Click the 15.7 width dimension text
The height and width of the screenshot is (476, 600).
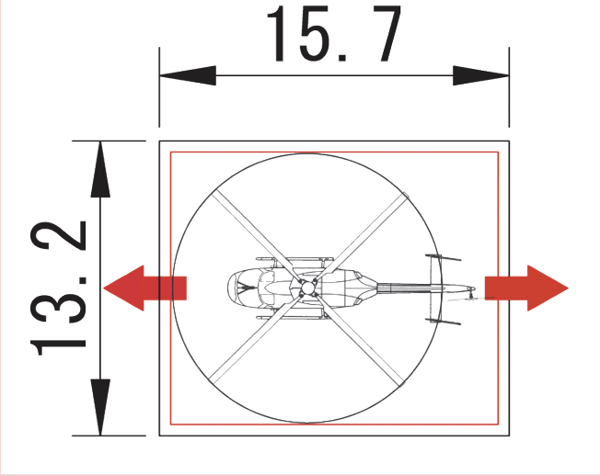(334, 34)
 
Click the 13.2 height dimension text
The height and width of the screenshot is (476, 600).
(58, 289)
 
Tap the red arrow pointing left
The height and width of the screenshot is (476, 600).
(144, 288)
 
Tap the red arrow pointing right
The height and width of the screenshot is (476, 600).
(526, 288)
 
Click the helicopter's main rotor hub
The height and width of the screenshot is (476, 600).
(306, 288)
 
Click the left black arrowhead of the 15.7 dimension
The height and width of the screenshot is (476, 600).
(188, 75)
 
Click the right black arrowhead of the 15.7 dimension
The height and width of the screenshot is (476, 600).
(481, 75)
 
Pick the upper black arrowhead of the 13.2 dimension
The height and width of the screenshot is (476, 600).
(100, 169)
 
